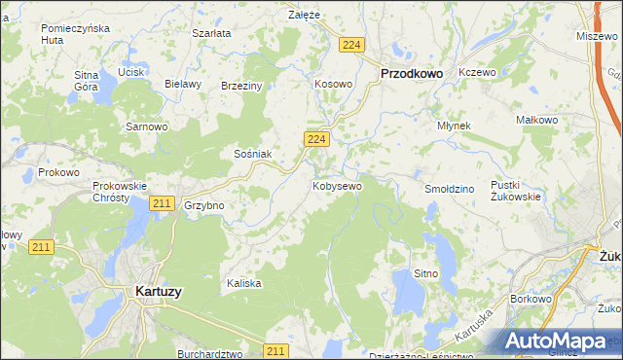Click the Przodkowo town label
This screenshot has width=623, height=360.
(x=411, y=72)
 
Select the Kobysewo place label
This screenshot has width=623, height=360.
(x=337, y=185)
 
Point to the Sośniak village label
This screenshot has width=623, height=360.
(x=252, y=154)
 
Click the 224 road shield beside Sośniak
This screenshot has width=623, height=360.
(x=314, y=140)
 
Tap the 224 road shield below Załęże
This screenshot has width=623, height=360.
(x=352, y=46)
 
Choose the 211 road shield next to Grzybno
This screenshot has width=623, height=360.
(x=163, y=203)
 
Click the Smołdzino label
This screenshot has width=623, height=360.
(x=449, y=187)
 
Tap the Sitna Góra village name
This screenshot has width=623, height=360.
(x=87, y=80)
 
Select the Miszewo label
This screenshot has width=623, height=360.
(x=597, y=35)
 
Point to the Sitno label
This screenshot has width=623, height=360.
(x=425, y=274)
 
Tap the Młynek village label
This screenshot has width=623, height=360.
(x=454, y=126)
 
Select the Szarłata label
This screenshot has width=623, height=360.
(x=211, y=33)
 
